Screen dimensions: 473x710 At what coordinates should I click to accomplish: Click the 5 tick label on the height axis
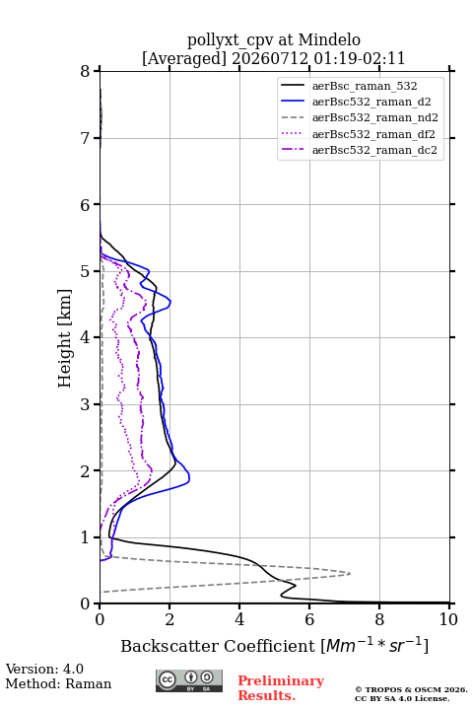point(86,271)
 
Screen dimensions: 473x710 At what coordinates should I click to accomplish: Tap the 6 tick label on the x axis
point(309,619)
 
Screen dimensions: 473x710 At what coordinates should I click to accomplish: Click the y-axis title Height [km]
point(64,338)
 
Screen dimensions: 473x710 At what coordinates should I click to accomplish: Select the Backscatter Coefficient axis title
point(274,645)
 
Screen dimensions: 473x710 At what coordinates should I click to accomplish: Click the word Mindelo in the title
point(329,39)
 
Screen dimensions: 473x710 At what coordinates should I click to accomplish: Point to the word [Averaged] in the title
point(184,58)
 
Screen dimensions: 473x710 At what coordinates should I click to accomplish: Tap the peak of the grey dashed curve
point(351,574)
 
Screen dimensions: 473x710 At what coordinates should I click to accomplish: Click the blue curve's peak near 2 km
point(189,477)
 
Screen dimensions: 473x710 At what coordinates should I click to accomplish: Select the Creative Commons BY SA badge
point(189,680)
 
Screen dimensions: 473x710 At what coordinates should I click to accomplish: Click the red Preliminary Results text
point(281,688)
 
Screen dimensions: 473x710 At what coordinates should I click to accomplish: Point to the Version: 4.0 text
point(44,669)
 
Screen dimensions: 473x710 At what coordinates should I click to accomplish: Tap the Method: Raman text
point(58,683)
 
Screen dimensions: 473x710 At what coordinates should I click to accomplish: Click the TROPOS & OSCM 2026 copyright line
point(411,689)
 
